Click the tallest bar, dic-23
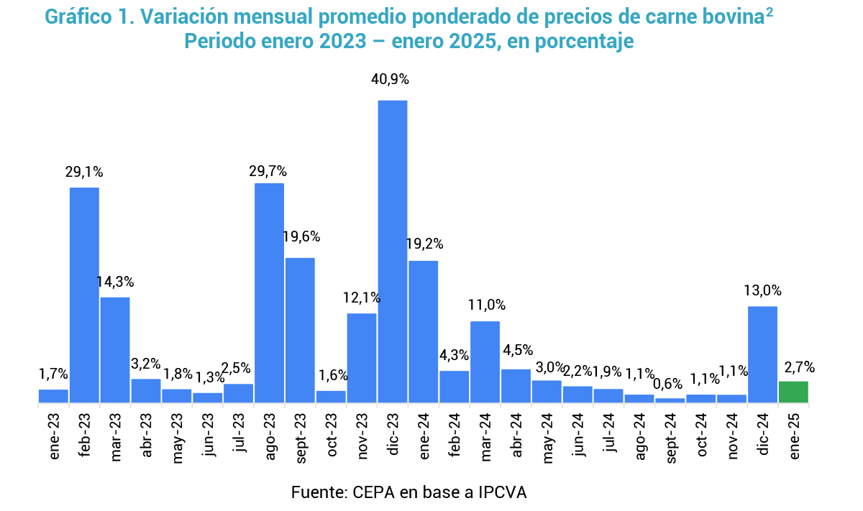tap(393, 252)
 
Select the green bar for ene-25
tap(793, 392)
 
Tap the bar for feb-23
tap(84, 295)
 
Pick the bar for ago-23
tap(270, 293)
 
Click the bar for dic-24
tap(762, 354)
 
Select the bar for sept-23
tap(301, 330)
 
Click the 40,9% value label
tap(391, 79)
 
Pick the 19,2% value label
tap(424, 244)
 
